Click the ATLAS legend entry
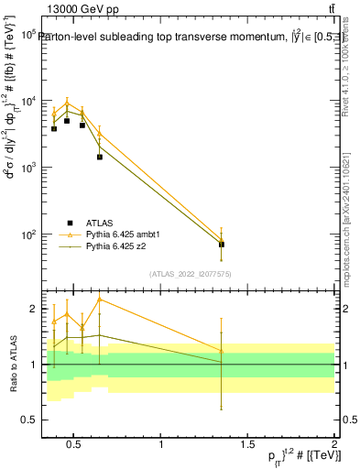[99, 223]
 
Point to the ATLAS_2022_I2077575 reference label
[190, 273]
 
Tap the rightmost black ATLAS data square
[221, 245]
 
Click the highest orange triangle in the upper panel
[67, 104]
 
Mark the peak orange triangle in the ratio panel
[99, 299]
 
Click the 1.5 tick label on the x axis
[248, 446]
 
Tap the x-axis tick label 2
[334, 446]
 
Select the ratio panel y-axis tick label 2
[33, 309]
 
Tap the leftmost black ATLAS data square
[54, 129]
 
